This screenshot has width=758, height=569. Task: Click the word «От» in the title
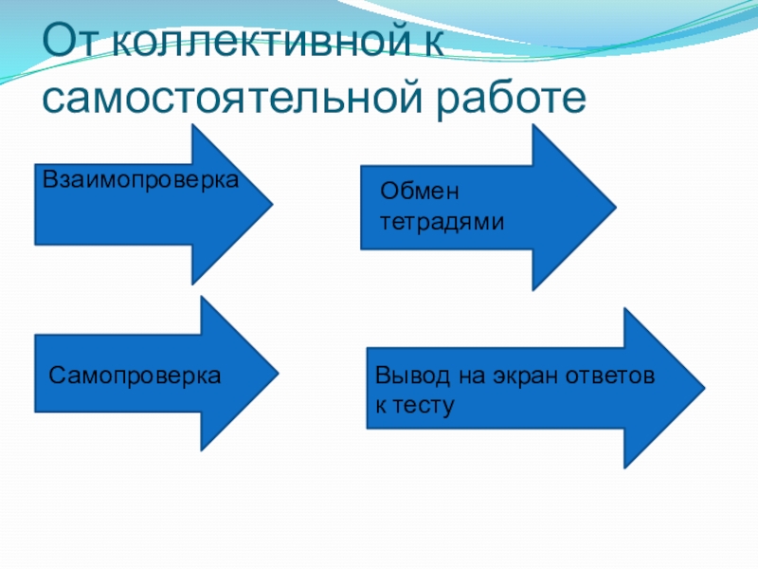coord(70,42)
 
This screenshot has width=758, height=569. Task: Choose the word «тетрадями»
coord(442,223)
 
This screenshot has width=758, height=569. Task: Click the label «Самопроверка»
coord(135,375)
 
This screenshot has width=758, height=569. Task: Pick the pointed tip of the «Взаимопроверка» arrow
coord(273,204)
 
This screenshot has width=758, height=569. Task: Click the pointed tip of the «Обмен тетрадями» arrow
coord(615,208)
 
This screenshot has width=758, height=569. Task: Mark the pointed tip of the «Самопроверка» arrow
coord(278,374)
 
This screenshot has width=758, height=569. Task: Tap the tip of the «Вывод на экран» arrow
coord(704,388)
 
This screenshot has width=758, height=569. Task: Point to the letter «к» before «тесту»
coord(381,406)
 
